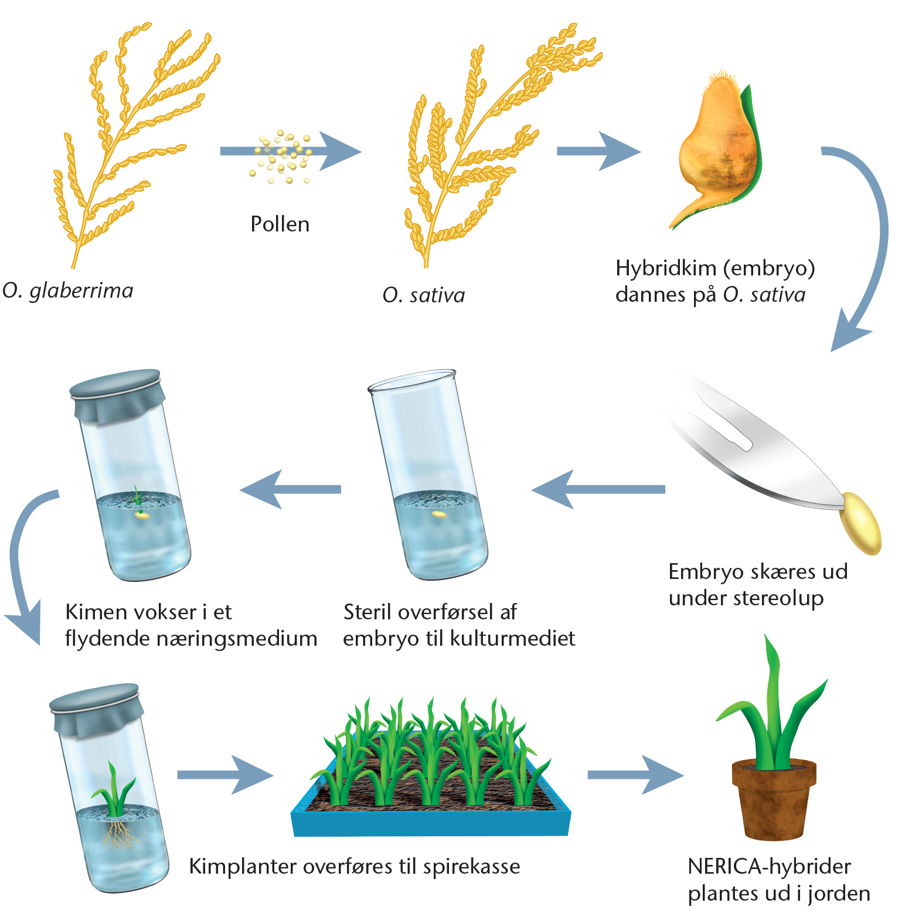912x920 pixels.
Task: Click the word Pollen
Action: pyautogui.click(x=280, y=224)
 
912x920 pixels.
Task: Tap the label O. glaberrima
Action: pyautogui.click(x=68, y=291)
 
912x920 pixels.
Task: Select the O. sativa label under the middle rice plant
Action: pyautogui.click(x=424, y=295)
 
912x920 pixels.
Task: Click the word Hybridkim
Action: pyautogui.click(x=666, y=268)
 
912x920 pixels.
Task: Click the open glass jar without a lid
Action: pyautogui.click(x=428, y=475)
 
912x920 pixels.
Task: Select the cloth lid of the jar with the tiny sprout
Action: pyautogui.click(x=117, y=394)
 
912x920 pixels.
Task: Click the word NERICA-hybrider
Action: pyautogui.click(x=769, y=866)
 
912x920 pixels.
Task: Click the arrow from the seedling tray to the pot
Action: pyautogui.click(x=635, y=775)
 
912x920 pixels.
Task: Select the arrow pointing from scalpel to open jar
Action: pyautogui.click(x=598, y=489)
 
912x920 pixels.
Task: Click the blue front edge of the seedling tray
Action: pyautogui.click(x=431, y=823)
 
